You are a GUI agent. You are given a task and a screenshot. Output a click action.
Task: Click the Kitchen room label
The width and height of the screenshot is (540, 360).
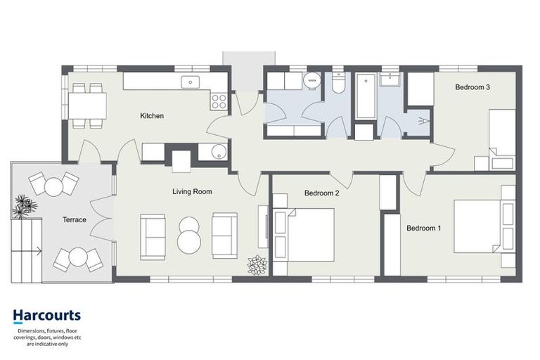pos(152,116)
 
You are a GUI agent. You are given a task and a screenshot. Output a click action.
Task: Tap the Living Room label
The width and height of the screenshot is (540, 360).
pos(192,191)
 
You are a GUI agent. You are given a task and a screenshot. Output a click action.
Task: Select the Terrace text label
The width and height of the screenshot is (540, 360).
pos(74,220)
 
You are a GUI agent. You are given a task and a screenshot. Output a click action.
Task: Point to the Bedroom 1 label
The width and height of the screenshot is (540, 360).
pos(424,228)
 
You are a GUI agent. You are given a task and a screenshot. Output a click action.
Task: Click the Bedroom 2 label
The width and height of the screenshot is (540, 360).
pos(322,193)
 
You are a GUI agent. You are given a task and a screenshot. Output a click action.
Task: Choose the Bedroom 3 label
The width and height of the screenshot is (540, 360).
pos(472,87)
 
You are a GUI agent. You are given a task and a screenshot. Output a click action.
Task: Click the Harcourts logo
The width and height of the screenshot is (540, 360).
pos(47,316)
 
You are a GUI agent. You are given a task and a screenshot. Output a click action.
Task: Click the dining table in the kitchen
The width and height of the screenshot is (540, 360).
pos(86,105)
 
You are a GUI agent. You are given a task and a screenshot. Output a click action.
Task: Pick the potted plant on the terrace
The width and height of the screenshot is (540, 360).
pos(25,206)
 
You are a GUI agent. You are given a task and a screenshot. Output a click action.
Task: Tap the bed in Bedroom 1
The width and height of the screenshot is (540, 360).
pos(484,226)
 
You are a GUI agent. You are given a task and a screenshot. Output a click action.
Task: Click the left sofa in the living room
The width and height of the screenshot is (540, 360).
pos(153,236)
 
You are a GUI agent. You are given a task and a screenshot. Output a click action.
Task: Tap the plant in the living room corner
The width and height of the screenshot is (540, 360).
pos(257,265)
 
